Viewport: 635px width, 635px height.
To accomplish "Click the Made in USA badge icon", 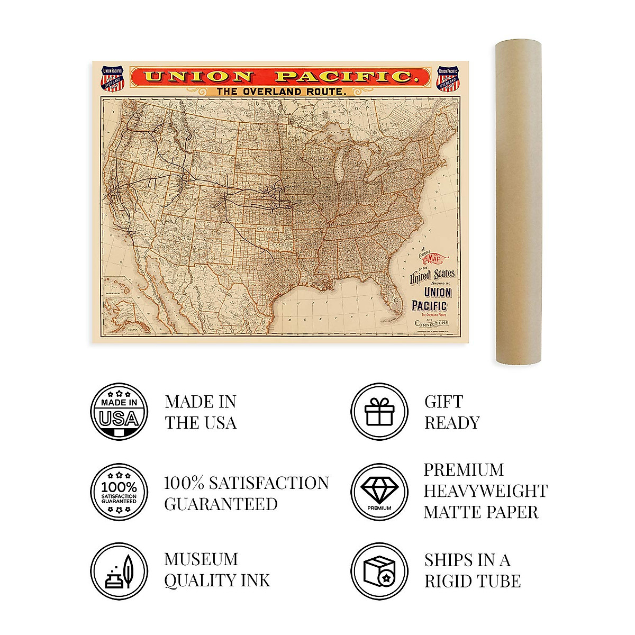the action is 119,412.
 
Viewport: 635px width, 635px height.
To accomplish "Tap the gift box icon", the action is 379,412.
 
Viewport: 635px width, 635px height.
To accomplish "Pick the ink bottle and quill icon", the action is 119,571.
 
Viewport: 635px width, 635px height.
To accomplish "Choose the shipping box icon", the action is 379,571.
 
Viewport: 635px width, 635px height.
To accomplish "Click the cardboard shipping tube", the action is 518,204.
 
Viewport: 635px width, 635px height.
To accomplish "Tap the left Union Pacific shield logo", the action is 112,78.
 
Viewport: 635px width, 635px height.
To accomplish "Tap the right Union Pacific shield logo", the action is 448,78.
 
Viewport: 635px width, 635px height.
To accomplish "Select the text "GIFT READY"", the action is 451,412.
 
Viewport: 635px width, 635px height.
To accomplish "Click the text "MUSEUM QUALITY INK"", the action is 217,570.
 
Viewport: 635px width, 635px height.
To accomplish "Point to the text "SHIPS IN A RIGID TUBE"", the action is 472,570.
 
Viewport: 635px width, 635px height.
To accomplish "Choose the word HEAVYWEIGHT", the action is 485,491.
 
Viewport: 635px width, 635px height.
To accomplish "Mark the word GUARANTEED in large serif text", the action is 221,504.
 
